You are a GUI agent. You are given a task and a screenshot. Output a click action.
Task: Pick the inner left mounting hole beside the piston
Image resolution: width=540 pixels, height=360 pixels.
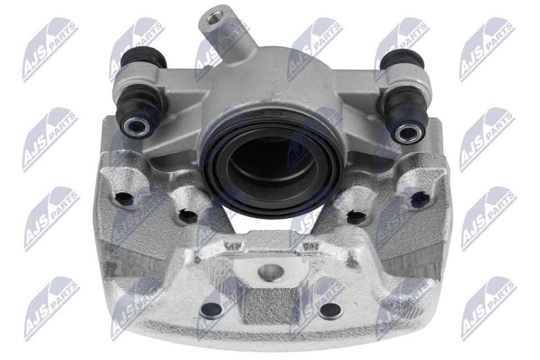pyautogui.click(x=188, y=215)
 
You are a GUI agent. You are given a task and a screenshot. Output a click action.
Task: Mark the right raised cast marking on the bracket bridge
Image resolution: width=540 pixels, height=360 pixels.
pyautogui.click(x=309, y=246)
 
